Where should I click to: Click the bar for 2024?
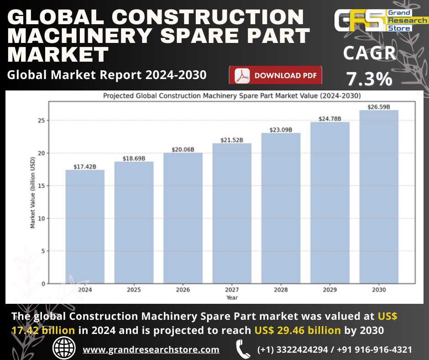click(85, 227)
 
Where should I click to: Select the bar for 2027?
click(232, 213)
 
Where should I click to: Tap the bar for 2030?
click(379, 196)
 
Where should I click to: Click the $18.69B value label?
click(134, 158)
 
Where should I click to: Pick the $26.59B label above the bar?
click(379, 107)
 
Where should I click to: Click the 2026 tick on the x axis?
click(183, 290)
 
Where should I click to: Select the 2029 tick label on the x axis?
click(330, 290)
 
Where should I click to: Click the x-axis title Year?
click(232, 297)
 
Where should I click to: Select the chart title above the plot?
click(232, 96)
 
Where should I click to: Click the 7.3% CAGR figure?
click(369, 79)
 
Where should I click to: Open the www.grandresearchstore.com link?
click(151, 349)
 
